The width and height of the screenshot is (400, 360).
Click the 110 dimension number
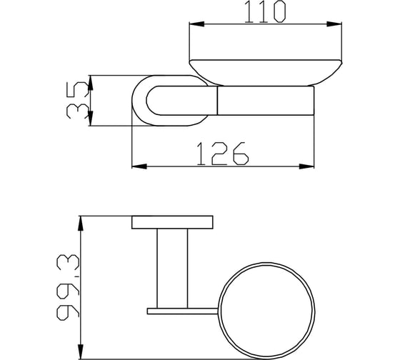[x=265, y=11]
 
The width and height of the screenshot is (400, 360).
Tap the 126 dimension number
[x=222, y=154]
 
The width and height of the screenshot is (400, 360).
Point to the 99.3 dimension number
[x=68, y=287]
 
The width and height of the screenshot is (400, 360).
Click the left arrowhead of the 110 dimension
[x=196, y=24]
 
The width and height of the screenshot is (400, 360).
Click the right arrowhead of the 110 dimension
[x=334, y=24]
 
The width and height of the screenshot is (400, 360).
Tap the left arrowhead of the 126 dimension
[x=139, y=166]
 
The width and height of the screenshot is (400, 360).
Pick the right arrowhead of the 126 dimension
[x=306, y=166]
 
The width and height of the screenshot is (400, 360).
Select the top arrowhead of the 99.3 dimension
[x=80, y=224]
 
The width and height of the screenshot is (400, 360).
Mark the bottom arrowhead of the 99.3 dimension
[x=80, y=351]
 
